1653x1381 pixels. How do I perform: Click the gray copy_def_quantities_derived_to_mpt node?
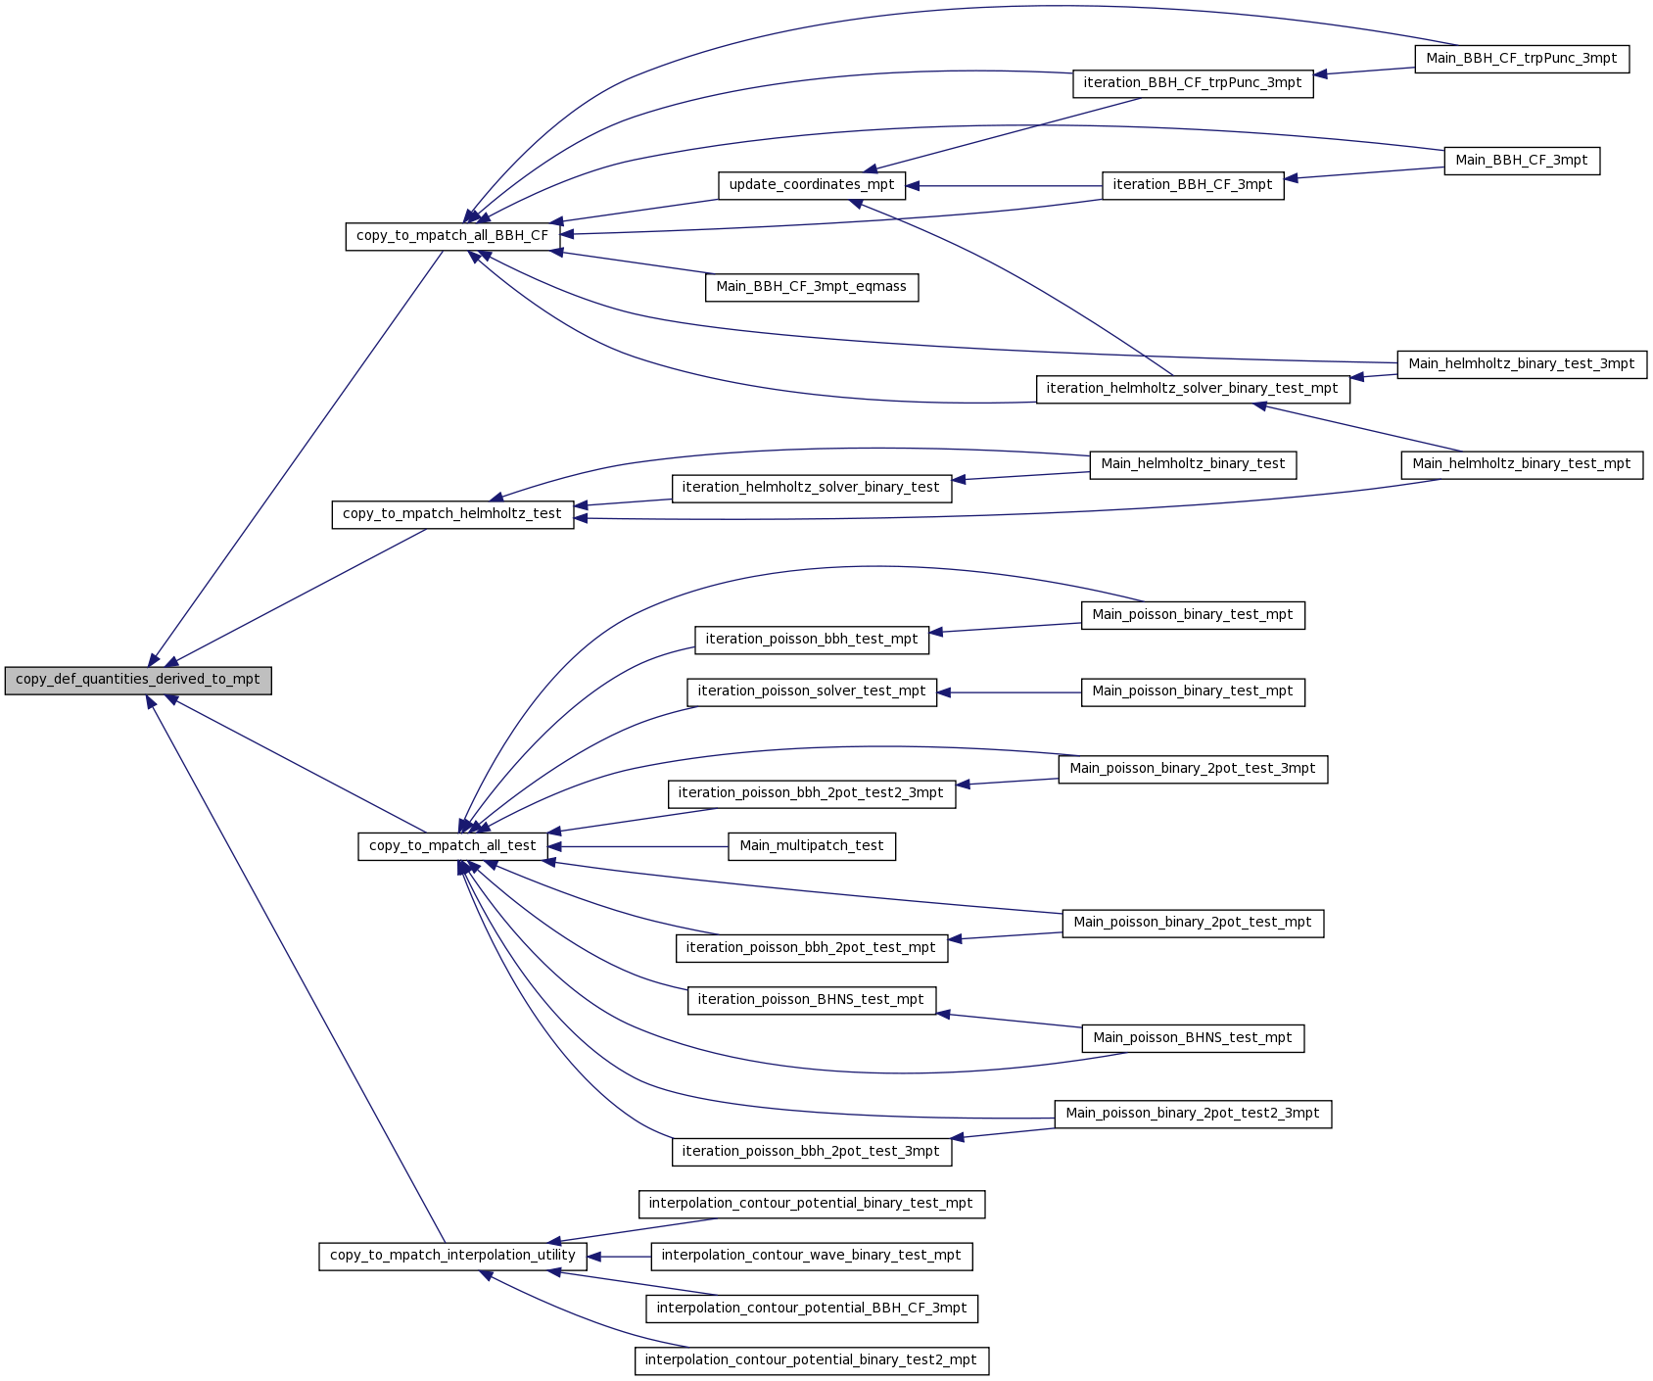coord(138,680)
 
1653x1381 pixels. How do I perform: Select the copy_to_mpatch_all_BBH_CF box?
coord(452,236)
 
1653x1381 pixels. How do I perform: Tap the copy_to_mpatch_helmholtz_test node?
coord(452,514)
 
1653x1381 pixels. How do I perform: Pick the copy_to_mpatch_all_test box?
coord(452,846)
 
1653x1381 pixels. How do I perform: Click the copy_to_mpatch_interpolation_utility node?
coord(452,1256)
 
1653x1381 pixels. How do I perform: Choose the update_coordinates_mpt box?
coord(812,185)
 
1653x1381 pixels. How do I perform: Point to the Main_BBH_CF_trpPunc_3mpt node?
coord(1522,59)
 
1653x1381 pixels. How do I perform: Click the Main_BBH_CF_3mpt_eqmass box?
coord(812,287)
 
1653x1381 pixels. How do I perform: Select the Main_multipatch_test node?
coord(812,846)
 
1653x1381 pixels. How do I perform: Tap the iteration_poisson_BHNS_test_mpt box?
coord(812,1000)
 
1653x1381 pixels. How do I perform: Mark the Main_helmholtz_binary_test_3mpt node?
coord(1522,364)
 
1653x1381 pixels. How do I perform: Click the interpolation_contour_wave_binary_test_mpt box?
coord(812,1256)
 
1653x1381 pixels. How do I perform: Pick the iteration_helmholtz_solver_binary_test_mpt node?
coord(1193,389)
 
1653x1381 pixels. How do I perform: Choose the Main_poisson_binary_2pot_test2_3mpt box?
coord(1193,1114)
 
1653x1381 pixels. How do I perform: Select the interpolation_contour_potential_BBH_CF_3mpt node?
coord(812,1309)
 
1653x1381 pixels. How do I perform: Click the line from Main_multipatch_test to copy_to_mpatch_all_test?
coord(638,846)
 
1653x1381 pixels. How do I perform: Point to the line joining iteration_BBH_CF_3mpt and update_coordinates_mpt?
coord(1004,185)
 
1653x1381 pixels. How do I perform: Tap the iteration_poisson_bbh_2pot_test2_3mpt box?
coord(812,793)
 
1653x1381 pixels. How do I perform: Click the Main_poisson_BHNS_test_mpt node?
coord(1193,1038)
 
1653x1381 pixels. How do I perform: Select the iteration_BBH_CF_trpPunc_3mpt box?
coord(1193,83)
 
